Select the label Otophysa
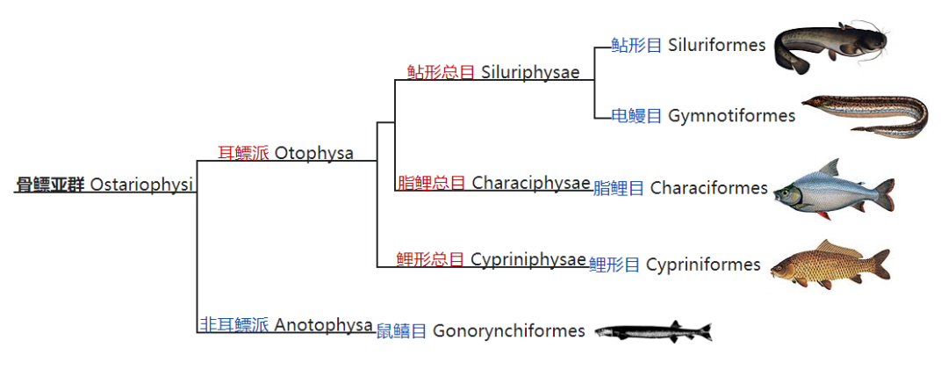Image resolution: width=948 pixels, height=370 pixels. pos(313,153)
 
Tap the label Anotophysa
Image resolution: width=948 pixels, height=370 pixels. pos(323,325)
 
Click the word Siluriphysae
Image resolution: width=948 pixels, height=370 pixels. pos(530,72)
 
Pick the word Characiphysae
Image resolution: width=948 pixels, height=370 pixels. pos(530,183)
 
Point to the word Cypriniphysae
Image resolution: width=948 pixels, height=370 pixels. pos(528,259)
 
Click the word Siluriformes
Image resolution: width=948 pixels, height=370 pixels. pos(716,45)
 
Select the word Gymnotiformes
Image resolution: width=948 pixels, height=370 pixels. pos(731,115)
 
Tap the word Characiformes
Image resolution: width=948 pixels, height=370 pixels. pos(708,188)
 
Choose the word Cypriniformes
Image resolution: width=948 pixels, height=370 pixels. pos(703,265)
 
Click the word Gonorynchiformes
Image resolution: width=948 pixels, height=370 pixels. pos(508,331)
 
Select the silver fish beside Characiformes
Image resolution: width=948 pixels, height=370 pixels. pos(832,189)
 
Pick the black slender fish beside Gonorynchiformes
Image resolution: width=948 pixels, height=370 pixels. pos(652,331)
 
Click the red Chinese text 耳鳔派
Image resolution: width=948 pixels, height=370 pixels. pos(243,153)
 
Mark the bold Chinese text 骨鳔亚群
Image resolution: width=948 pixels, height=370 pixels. pos(50,185)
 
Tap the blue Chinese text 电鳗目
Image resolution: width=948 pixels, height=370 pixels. pos(636,115)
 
